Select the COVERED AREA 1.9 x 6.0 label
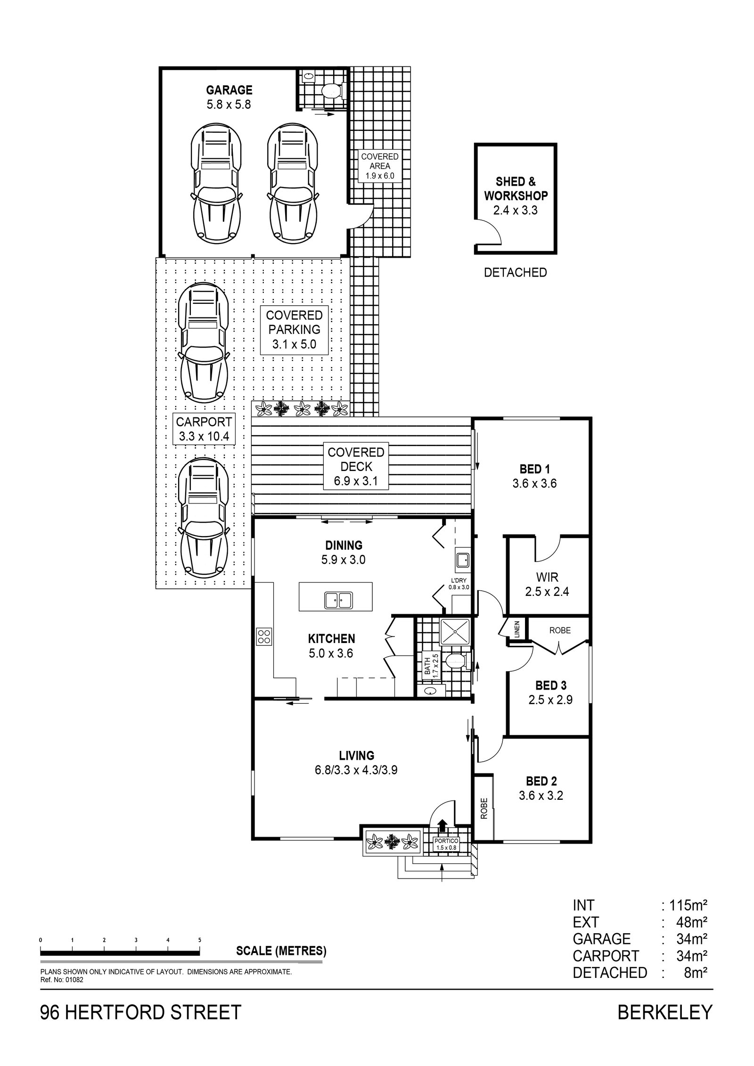(x=379, y=166)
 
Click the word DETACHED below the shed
(x=515, y=272)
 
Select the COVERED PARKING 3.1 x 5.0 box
(x=294, y=330)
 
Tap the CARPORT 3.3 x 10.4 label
(x=204, y=429)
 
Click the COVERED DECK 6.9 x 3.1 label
(x=356, y=466)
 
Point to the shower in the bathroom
(x=455, y=632)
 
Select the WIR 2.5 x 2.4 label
(x=547, y=584)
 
